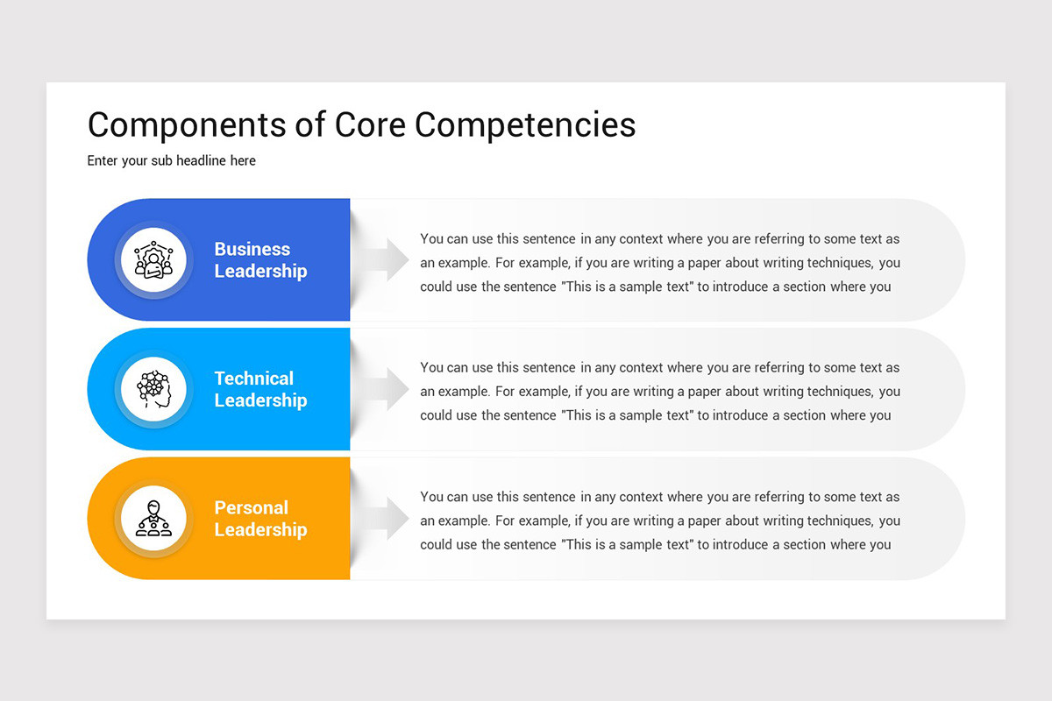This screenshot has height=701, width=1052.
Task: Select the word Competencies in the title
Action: (x=525, y=125)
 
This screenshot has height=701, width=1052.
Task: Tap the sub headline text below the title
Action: (x=171, y=160)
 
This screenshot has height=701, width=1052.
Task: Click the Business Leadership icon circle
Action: (x=153, y=260)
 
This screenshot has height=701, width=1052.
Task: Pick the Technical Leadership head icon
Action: (x=153, y=389)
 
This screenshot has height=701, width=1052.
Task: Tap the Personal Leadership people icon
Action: (x=153, y=519)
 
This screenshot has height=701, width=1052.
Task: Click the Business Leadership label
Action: (x=260, y=260)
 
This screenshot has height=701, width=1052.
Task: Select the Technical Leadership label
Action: (x=260, y=389)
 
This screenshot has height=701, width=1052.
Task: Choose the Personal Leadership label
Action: (x=260, y=519)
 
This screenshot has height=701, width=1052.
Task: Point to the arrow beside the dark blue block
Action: (x=386, y=260)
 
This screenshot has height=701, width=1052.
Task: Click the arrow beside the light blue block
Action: (x=386, y=389)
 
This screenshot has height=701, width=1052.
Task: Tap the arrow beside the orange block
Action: (x=386, y=519)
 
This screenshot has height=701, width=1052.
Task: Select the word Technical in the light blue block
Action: (x=253, y=379)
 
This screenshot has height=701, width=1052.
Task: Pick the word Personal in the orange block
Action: (x=251, y=508)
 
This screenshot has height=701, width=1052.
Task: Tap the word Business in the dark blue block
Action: (x=252, y=249)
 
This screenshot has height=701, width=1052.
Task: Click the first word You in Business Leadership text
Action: (x=431, y=238)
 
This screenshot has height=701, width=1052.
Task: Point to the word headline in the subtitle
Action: (x=197, y=160)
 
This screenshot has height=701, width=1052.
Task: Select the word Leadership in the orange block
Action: (x=260, y=530)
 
